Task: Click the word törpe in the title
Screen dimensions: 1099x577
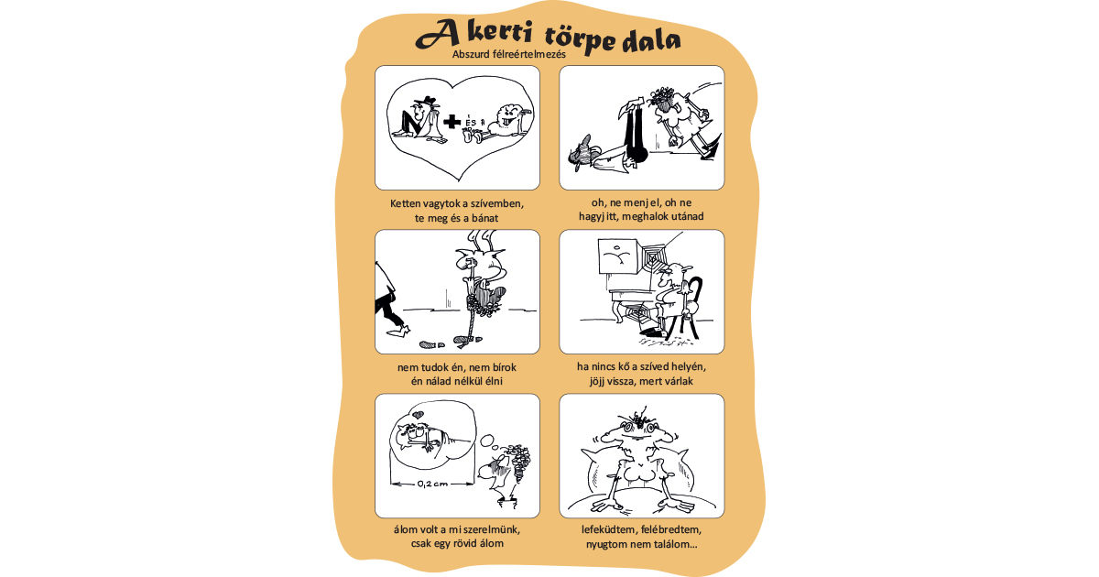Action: (x=580, y=39)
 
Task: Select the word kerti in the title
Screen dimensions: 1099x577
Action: (x=499, y=35)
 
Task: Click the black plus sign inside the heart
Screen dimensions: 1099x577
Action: (x=452, y=122)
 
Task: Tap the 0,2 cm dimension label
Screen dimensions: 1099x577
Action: (x=432, y=484)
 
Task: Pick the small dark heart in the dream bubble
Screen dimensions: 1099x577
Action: (x=417, y=415)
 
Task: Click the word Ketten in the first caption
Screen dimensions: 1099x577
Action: (x=405, y=203)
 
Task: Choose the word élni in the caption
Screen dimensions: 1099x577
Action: (x=493, y=381)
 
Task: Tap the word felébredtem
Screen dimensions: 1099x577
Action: (x=671, y=530)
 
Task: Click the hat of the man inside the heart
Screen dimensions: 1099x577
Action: (x=425, y=101)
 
